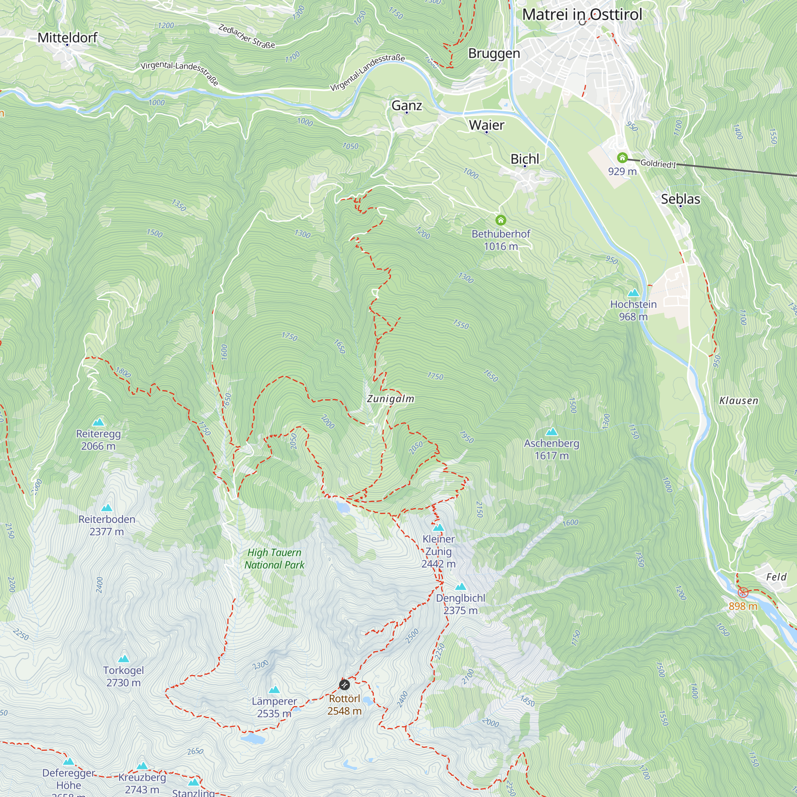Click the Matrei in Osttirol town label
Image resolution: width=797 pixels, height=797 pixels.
tap(582, 15)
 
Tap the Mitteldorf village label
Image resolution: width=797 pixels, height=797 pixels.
tap(67, 38)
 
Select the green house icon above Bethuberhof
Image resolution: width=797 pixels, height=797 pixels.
tap(501, 220)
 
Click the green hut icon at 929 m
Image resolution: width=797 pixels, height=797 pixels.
tap(622, 157)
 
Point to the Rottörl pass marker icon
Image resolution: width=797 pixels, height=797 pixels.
tap(344, 685)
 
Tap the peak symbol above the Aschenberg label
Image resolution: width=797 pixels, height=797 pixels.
tap(552, 432)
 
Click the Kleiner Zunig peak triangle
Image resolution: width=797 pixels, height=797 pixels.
tap(438, 527)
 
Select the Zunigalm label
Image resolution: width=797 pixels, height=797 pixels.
tap(390, 399)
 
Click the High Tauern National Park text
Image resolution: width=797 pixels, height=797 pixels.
tap(274, 559)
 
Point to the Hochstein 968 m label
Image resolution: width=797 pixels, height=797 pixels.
tap(633, 310)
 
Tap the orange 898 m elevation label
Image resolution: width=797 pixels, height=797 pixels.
tap(742, 606)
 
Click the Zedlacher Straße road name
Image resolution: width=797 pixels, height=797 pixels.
tap(246, 36)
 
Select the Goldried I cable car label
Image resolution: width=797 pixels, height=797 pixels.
tap(658, 163)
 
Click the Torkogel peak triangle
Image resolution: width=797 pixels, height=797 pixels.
tap(124, 659)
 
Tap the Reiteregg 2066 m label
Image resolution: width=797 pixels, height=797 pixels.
tap(98, 440)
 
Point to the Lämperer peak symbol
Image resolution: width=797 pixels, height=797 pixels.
tap(274, 690)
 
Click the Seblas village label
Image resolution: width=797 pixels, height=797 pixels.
tap(680, 199)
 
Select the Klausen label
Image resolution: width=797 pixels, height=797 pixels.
tap(738, 400)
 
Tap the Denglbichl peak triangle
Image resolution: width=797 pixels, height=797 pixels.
tap(460, 587)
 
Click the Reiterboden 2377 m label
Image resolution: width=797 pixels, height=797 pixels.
tap(107, 525)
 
